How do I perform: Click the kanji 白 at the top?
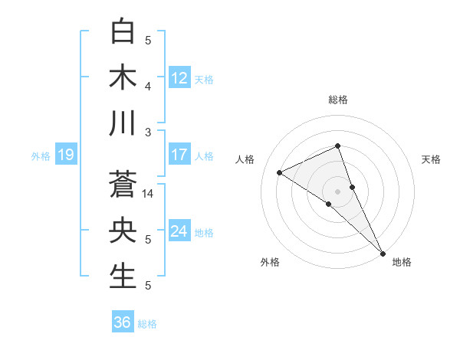point(123,32)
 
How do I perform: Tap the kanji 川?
point(123,123)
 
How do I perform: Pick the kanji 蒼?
point(123,185)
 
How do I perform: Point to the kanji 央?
point(123,231)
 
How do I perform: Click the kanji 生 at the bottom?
point(123,277)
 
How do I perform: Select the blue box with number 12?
point(179,77)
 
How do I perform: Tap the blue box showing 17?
point(179,155)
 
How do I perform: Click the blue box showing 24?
point(179,231)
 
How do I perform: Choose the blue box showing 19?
point(66,155)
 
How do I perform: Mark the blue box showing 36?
point(123,322)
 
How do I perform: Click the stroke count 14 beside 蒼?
point(149,194)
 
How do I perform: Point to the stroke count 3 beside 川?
point(149,133)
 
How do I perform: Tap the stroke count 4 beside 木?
point(149,87)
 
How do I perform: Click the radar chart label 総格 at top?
point(337,100)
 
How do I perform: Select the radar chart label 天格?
point(431,159)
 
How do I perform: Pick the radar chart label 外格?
point(270,262)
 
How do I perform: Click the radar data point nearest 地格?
point(382,252)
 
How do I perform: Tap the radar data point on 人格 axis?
point(280,172)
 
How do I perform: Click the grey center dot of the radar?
point(337,191)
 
